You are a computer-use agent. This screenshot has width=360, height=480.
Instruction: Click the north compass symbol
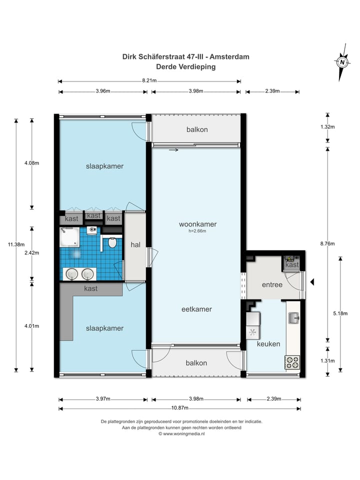342,62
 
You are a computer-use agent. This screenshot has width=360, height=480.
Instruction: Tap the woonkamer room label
198,224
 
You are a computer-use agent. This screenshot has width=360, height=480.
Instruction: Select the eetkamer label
196,309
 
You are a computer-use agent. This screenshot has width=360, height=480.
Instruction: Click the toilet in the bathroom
112,242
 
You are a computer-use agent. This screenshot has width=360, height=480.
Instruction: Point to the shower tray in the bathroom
70,236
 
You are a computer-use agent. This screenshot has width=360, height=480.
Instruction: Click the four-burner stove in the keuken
292,362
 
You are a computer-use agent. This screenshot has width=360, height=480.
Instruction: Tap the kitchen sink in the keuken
294,318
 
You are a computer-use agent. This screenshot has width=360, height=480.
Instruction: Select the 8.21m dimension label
149,81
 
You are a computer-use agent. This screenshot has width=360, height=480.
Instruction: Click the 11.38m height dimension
16,244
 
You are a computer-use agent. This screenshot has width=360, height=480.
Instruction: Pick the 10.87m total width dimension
179,408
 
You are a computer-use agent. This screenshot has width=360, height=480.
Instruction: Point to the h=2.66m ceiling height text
197,231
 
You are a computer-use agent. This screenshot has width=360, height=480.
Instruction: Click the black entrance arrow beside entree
312,282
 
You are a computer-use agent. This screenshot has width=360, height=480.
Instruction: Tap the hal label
135,244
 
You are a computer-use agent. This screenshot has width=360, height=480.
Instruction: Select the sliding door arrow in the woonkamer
173,150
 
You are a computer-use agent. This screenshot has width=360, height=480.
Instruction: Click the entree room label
272,284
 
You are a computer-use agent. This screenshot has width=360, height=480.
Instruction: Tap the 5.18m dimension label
340,313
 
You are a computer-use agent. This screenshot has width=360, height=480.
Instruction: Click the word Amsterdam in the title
229,56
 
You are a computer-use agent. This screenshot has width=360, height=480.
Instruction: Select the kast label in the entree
292,265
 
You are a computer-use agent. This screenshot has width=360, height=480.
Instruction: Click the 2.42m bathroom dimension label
32,253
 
